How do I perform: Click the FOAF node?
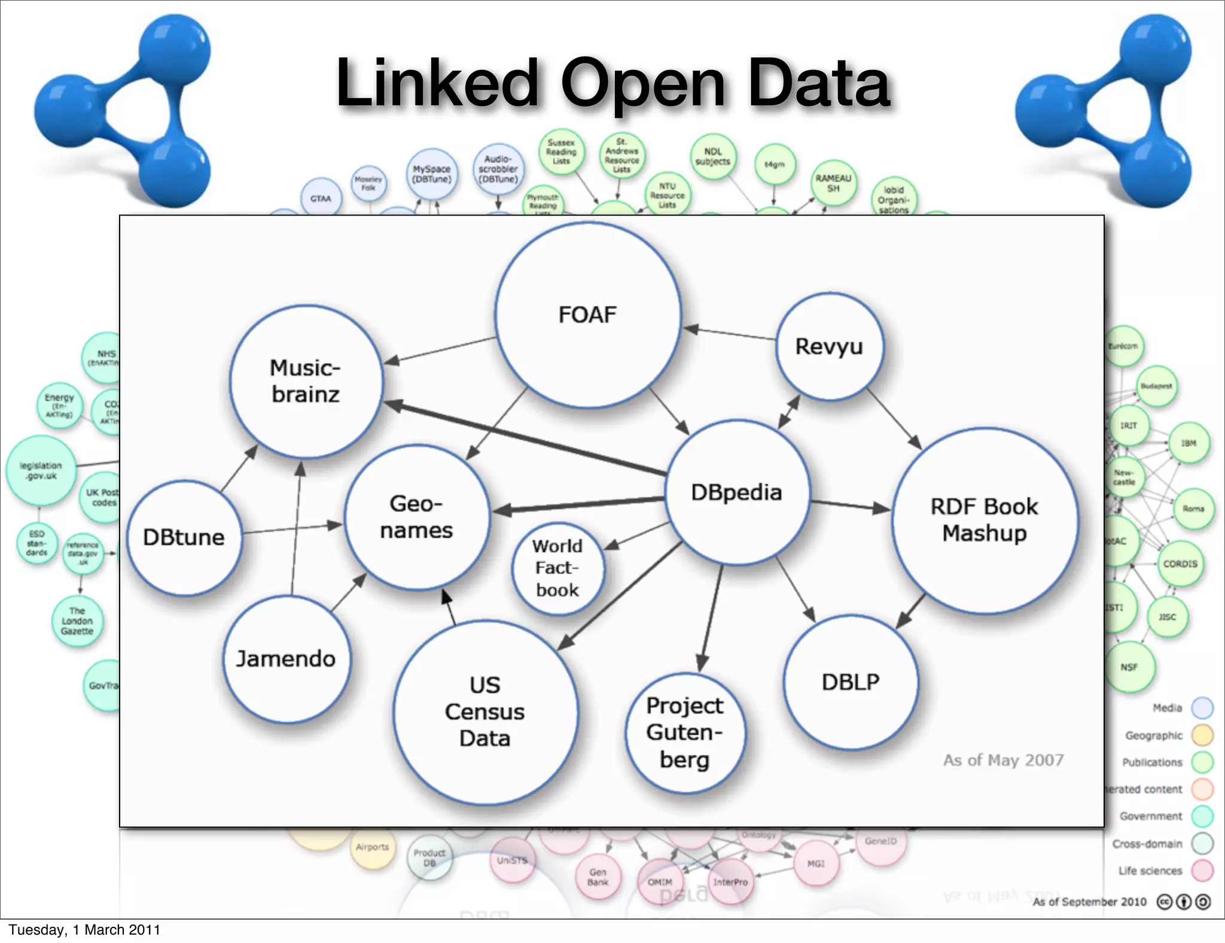(x=587, y=315)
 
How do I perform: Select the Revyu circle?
(x=829, y=346)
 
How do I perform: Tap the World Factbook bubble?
(x=557, y=568)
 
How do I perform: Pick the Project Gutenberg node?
(x=685, y=732)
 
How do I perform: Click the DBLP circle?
(x=850, y=682)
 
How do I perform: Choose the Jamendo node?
(x=286, y=659)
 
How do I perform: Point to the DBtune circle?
(x=184, y=537)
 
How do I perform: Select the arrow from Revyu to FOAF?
(x=730, y=333)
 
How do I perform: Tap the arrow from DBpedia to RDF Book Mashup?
(x=849, y=506)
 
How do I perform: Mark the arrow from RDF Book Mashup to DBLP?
(x=911, y=611)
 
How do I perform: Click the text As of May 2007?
(x=1003, y=760)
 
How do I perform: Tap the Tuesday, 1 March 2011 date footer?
(x=84, y=930)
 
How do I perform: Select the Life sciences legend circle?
(x=1202, y=871)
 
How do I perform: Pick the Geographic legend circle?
(x=1202, y=735)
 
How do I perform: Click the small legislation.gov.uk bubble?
(x=41, y=470)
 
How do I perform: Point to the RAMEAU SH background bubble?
(x=833, y=183)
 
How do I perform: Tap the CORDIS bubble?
(x=1180, y=564)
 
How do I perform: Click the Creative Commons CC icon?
(x=1164, y=902)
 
